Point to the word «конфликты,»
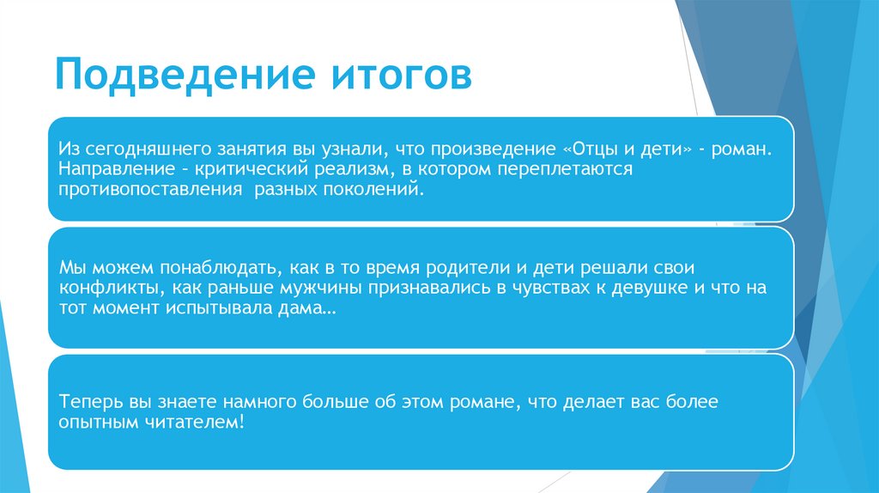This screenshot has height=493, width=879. point(103,288)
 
